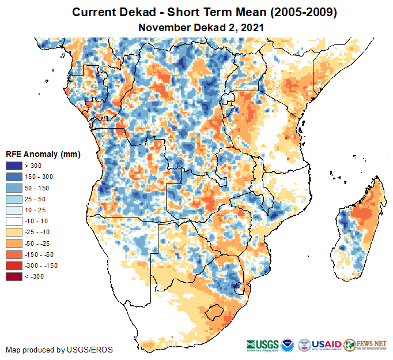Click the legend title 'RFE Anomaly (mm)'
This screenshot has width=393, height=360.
[42, 154]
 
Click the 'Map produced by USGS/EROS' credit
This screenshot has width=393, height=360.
[59, 350]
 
